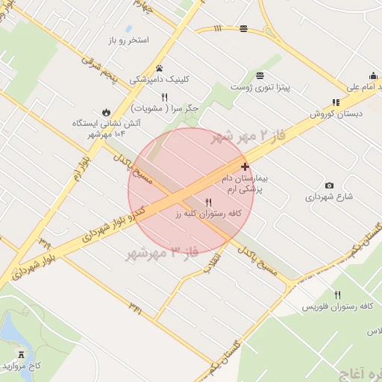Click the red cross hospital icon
[245, 166]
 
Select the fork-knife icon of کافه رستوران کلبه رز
[209, 202]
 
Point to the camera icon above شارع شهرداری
[329, 185]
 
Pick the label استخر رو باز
[128, 39]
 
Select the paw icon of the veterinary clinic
[160, 68]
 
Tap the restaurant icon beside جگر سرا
[165, 97]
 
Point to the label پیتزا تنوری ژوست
[260, 87]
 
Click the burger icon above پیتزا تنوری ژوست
[260, 75]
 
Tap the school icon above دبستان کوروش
[336, 102]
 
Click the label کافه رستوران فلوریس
[337, 307]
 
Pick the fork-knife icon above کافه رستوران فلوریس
[338, 295]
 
